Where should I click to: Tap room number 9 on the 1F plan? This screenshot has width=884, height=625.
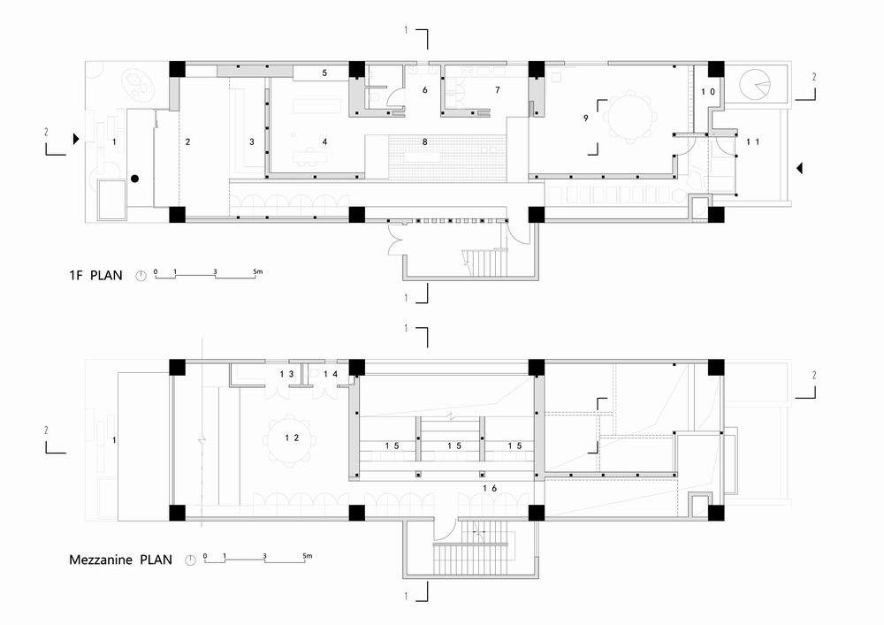pyautogui.click(x=585, y=118)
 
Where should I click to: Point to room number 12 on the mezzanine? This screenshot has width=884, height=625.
pyautogui.click(x=287, y=437)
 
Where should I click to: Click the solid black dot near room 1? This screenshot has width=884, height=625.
pyautogui.click(x=134, y=179)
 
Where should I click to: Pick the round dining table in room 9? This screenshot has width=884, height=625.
pyautogui.click(x=630, y=118)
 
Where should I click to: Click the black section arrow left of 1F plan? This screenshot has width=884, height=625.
pyautogui.click(x=77, y=139)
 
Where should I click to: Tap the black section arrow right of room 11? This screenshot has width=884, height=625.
pyautogui.click(x=799, y=167)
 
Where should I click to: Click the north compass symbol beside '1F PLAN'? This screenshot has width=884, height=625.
pyautogui.click(x=140, y=276)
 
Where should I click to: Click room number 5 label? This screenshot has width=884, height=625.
pyautogui.click(x=324, y=73)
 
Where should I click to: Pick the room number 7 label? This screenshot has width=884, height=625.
pyautogui.click(x=497, y=90)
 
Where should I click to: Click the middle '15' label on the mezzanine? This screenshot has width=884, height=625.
pyautogui.click(x=454, y=446)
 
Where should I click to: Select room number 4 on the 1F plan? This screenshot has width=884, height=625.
pyautogui.click(x=324, y=141)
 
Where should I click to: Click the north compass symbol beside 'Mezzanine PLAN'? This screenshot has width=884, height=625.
pyautogui.click(x=190, y=560)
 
